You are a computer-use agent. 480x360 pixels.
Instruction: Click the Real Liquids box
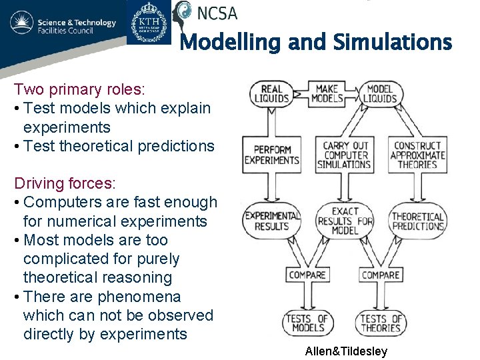pyautogui.click(x=271, y=94)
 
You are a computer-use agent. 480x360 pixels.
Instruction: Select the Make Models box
pyautogui.click(x=327, y=94)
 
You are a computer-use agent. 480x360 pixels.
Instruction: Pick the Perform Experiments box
pyautogui.click(x=271, y=155)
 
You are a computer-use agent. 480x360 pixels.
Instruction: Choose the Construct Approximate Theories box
pyautogui.click(x=417, y=155)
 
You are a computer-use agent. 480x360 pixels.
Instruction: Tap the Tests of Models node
pyautogui.click(x=307, y=323)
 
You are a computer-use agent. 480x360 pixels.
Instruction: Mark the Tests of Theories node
pyautogui.click(x=381, y=323)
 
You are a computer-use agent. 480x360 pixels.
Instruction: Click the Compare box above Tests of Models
pyautogui.click(x=307, y=275)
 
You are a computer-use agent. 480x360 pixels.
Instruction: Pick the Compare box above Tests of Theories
pyautogui.click(x=380, y=275)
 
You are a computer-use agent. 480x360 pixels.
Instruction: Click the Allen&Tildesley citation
pyautogui.click(x=346, y=351)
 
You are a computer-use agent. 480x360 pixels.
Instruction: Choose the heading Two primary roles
pyautogui.click(x=79, y=89)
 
